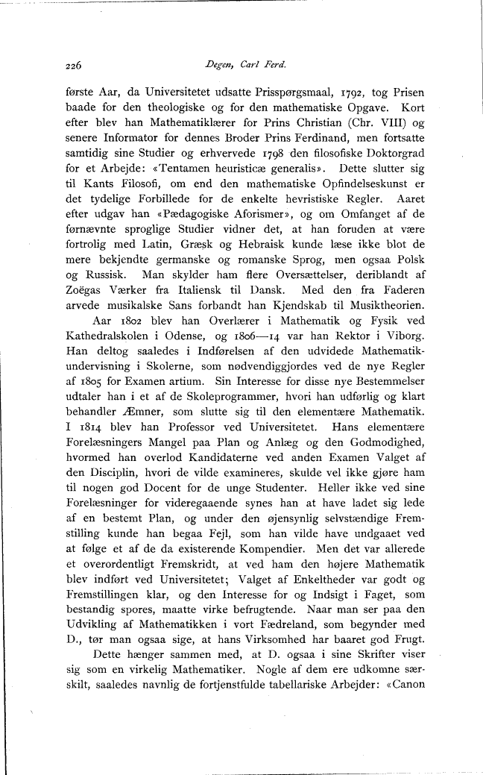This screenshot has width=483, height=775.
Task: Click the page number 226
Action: (x=72, y=65)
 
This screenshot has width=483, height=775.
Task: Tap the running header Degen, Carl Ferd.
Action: (x=239, y=65)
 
